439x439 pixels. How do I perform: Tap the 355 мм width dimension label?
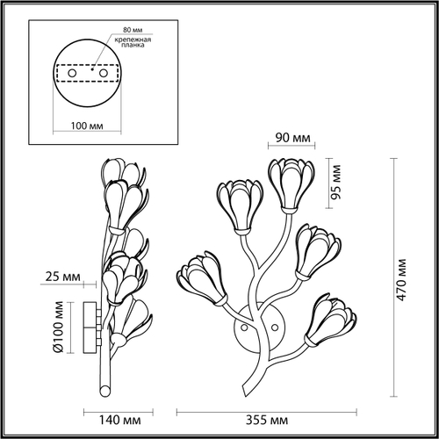coord(267,420)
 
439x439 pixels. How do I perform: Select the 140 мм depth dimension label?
coord(120,420)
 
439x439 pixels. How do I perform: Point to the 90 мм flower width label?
coord(292,138)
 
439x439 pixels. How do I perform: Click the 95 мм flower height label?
coord(335,182)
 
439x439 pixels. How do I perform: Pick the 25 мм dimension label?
coord(62,277)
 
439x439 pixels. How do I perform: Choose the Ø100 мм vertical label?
coord(59,327)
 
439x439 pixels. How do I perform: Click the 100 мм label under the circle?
coord(87,126)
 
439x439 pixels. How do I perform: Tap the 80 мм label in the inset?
coord(133,30)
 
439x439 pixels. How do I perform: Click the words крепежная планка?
coord(133,42)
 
